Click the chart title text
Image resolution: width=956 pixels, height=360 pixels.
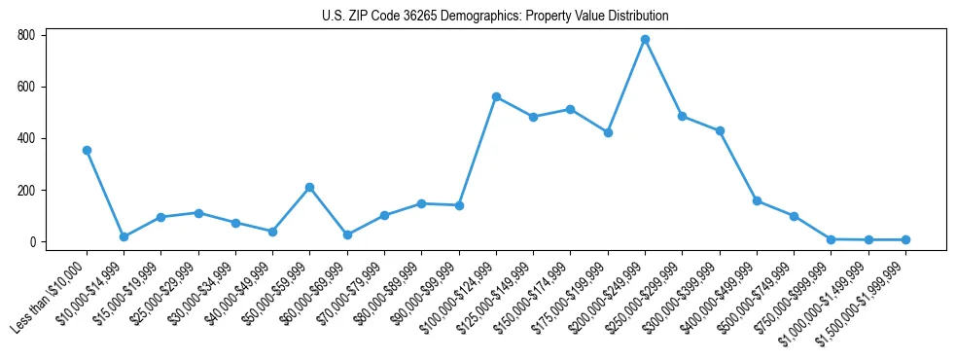(495, 17)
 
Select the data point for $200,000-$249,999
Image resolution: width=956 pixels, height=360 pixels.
(645, 40)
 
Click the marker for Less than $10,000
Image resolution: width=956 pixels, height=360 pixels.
(87, 151)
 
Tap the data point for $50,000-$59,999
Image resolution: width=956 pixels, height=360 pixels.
(309, 187)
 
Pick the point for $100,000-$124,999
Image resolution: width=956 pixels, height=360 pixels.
(496, 97)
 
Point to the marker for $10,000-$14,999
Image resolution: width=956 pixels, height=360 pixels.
(124, 236)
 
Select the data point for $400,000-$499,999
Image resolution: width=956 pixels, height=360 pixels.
(757, 201)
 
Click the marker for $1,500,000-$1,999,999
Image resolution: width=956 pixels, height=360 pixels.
(905, 239)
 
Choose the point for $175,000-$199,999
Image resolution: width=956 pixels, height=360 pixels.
(608, 132)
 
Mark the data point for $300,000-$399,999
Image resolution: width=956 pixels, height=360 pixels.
(720, 130)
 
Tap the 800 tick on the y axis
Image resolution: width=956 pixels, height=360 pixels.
(26, 35)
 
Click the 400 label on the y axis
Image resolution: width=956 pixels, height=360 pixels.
(26, 138)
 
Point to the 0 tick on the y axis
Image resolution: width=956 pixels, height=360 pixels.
(32, 242)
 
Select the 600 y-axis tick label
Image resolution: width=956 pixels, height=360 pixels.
(26, 87)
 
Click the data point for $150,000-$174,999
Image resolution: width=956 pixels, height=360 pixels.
(570, 109)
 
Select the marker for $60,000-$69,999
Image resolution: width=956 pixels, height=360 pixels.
(347, 234)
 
